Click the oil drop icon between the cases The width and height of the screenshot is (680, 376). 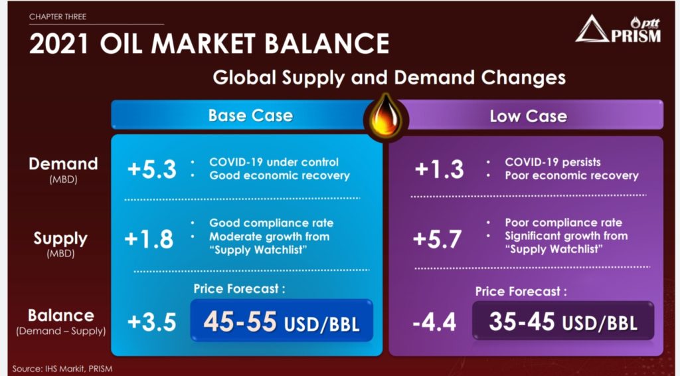tap(386, 117)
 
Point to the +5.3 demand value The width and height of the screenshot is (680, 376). tap(152, 169)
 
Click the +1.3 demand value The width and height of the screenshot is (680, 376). tap(440, 169)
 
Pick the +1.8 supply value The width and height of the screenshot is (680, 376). tap(149, 239)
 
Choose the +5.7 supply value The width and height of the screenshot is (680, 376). tap(437, 239)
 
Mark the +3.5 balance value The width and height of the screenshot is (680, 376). tap(152, 322)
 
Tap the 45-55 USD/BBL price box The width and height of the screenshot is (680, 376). tap(282, 320)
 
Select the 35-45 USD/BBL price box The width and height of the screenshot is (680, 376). tap(563, 321)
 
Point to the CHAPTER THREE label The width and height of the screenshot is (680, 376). tap(58, 17)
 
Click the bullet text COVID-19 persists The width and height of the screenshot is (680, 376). tap(553, 162)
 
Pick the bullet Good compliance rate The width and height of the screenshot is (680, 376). tap(272, 223)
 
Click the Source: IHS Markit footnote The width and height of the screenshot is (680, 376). tap(62, 369)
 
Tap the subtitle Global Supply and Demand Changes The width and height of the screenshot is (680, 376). tap(389, 78)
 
